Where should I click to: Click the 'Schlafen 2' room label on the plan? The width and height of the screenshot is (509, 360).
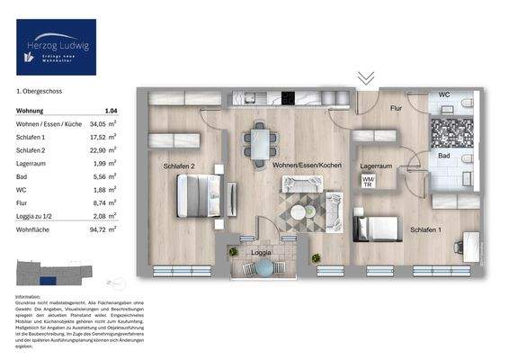click(x=179, y=166)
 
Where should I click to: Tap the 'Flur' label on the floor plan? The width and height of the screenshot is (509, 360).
click(x=395, y=108)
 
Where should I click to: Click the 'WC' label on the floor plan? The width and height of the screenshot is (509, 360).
click(x=444, y=94)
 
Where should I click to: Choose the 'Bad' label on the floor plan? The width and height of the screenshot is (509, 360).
click(x=443, y=156)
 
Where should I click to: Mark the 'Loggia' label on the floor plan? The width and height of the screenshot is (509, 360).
click(x=261, y=253)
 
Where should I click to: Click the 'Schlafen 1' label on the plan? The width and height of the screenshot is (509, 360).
click(x=426, y=230)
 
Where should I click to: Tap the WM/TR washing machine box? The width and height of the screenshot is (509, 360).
click(x=368, y=181)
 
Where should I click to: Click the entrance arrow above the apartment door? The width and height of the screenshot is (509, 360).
click(x=365, y=78)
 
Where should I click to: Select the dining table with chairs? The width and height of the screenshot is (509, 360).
click(x=259, y=141)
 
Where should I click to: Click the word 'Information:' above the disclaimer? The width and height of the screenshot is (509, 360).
click(x=30, y=296)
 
